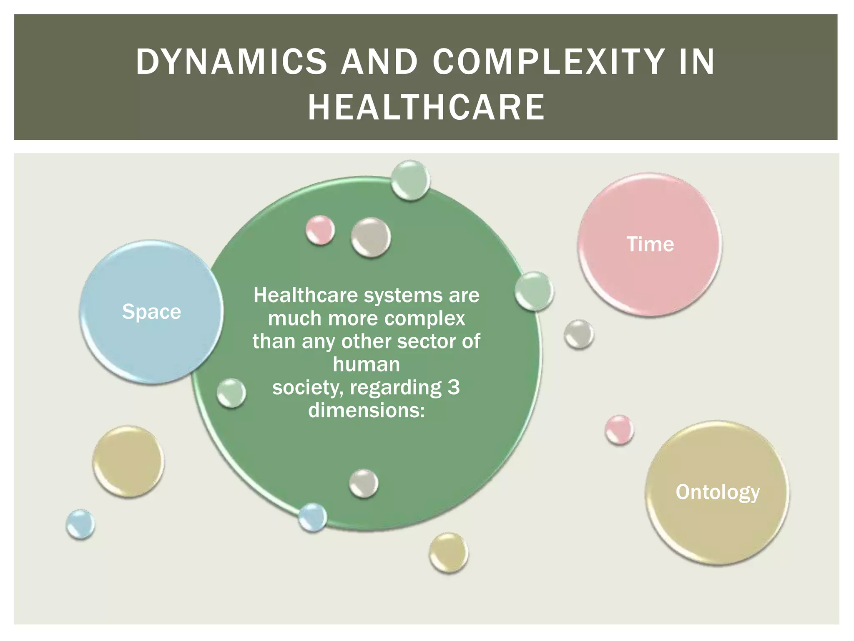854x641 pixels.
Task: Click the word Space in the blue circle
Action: [151, 312]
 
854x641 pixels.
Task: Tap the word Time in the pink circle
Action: [650, 244]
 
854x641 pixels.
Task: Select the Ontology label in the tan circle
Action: [718, 492]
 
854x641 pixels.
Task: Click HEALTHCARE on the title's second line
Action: [427, 107]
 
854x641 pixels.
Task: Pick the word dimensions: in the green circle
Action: [367, 410]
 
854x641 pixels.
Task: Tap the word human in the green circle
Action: [367, 364]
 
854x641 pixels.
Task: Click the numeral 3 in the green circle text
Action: [454, 387]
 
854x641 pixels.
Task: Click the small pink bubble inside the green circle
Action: [320, 230]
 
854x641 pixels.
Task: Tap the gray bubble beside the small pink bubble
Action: [371, 237]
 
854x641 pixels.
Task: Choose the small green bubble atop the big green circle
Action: [410, 180]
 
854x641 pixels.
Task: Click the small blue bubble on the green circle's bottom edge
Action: [312, 517]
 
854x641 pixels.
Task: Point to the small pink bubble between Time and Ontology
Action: [619, 429]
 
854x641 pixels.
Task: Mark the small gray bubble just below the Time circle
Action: [579, 334]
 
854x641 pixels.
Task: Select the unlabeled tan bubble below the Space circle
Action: [128, 462]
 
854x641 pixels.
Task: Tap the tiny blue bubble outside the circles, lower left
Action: [80, 524]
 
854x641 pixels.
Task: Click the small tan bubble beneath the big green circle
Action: [449, 553]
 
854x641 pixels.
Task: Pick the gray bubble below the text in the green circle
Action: [364, 483]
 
